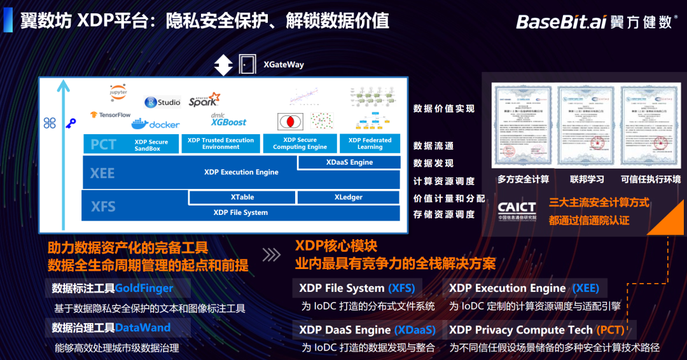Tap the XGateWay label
click(x=284, y=64)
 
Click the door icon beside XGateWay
click(x=246, y=64)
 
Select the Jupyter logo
click(x=118, y=92)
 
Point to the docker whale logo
click(x=155, y=123)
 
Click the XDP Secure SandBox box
click(x=151, y=145)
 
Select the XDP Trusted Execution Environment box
click(x=221, y=144)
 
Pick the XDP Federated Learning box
click(x=370, y=144)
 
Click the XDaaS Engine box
click(x=349, y=163)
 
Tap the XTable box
click(x=242, y=197)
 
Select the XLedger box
click(x=348, y=197)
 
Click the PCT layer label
click(x=103, y=144)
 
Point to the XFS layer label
click(x=103, y=206)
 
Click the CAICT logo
click(x=517, y=210)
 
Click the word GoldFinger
click(x=144, y=289)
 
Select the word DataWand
click(x=142, y=328)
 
